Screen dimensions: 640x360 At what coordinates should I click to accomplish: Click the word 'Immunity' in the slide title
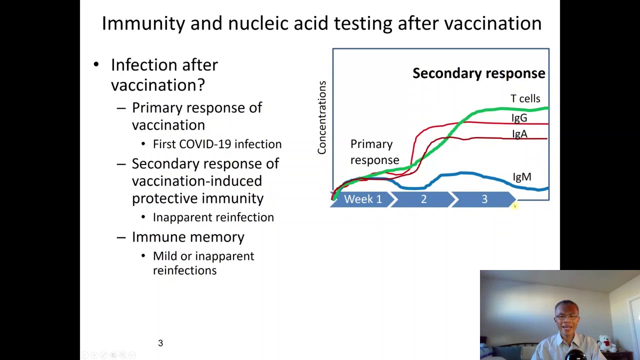(143, 23)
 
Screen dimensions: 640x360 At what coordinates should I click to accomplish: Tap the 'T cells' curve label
(525, 98)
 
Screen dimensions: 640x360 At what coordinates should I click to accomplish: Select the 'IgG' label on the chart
(519, 117)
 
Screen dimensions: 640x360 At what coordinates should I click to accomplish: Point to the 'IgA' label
(519, 133)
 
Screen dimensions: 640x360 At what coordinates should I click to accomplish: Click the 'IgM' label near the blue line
(522, 177)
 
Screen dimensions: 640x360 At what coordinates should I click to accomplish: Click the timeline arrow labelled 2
(423, 199)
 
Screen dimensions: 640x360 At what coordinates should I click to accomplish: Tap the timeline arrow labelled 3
(484, 199)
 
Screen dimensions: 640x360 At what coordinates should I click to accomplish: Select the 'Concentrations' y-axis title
(322, 117)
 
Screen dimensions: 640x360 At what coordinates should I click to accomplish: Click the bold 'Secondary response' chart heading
(479, 73)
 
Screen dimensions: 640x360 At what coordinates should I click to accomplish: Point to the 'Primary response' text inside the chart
(374, 152)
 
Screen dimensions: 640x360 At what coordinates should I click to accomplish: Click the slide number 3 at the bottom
(160, 343)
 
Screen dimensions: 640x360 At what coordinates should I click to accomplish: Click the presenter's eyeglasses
(567, 317)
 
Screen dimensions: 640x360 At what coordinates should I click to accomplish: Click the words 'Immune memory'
(188, 237)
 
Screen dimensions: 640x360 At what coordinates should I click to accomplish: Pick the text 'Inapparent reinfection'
(213, 217)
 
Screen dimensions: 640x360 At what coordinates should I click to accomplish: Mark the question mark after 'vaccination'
(201, 85)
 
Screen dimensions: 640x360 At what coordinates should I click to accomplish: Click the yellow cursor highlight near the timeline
(514, 205)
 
